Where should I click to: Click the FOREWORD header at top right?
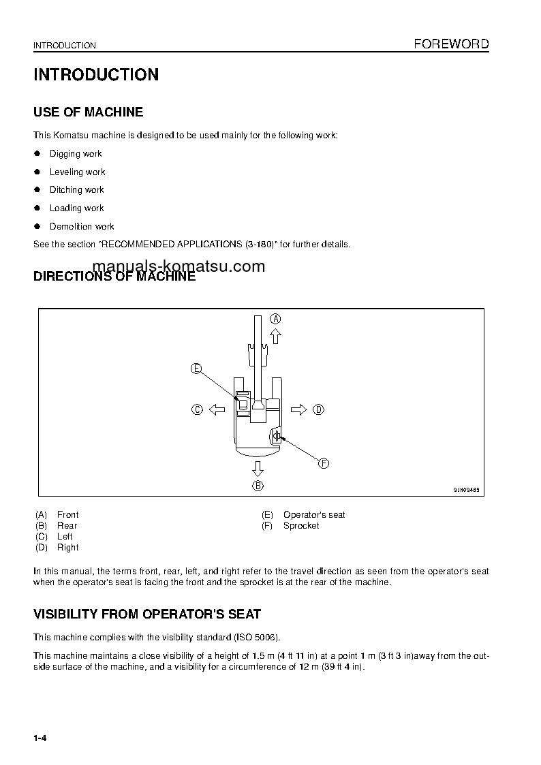[451, 44]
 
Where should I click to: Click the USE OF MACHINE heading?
[88, 112]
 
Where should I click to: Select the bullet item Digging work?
[76, 154]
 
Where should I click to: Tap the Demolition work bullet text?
[82, 226]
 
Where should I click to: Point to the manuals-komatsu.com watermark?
[178, 266]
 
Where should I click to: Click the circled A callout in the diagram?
[275, 318]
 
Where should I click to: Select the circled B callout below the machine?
[258, 486]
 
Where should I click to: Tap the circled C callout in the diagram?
[197, 409]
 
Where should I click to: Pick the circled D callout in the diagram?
[318, 409]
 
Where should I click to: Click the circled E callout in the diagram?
[196, 369]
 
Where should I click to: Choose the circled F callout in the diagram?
[324, 463]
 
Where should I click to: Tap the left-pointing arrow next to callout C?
[217, 409]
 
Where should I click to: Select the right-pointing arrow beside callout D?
[298, 409]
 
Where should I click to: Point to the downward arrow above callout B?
[258, 468]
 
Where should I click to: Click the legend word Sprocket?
[300, 526]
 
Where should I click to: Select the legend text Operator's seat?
[313, 515]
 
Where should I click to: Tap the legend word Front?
[67, 515]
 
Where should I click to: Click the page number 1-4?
[40, 738]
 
